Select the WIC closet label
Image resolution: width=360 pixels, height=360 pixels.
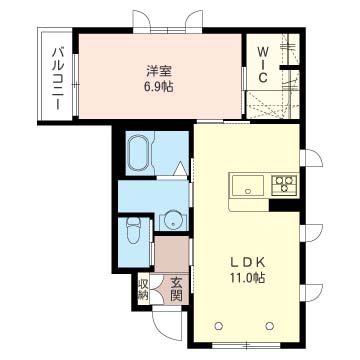(x=262, y=62)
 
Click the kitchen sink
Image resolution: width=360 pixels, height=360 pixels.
(x=247, y=185)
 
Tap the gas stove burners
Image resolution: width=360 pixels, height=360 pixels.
(x=285, y=184)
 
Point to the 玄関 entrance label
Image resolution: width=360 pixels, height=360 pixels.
(x=176, y=290)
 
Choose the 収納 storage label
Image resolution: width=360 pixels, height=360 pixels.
(x=143, y=290)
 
